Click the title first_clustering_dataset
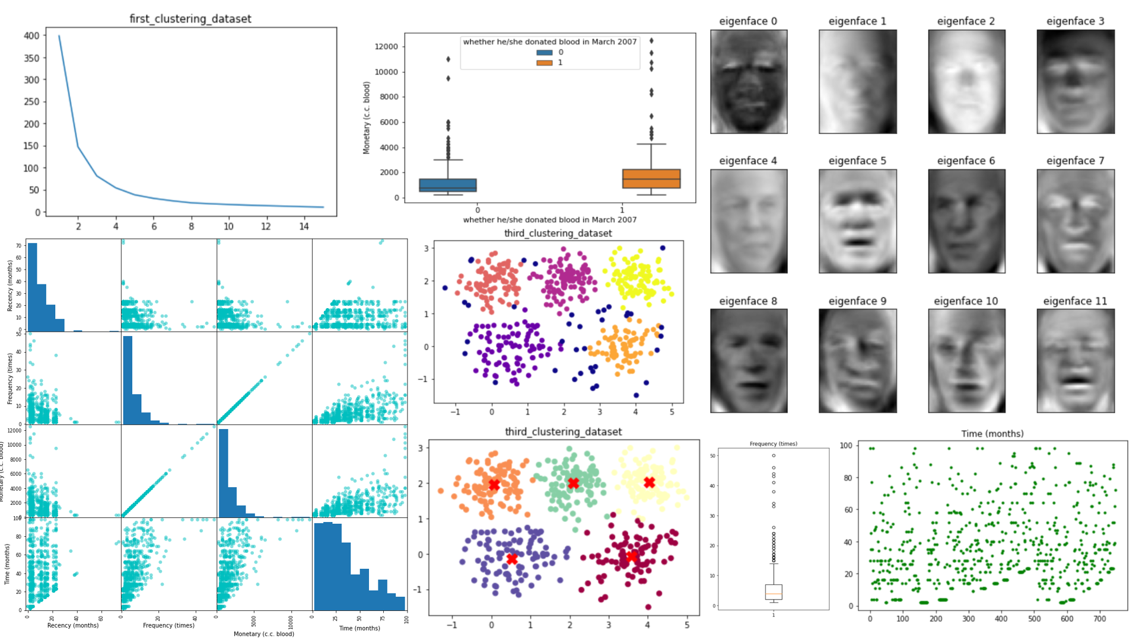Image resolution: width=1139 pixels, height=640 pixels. coord(190,19)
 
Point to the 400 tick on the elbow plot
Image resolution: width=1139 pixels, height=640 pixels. coord(31,36)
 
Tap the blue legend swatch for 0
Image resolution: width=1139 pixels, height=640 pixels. coord(544,52)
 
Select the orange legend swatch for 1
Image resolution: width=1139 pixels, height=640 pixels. coord(544,62)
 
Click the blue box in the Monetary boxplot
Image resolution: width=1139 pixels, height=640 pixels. coord(448,185)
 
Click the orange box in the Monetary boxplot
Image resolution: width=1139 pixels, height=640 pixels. coord(651,178)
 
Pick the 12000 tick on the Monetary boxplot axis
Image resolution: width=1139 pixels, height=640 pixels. coord(387,47)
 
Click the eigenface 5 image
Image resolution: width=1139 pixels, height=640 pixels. coord(857,221)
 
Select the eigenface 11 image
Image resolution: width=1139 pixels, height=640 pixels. coord(1076,360)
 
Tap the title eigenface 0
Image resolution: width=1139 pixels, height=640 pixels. coord(747,21)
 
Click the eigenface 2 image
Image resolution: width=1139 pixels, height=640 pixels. coord(966,82)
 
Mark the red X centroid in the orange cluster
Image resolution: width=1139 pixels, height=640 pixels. coord(494,485)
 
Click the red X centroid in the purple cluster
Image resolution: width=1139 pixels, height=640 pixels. coord(512,558)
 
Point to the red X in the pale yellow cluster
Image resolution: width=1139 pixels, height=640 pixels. coord(649,483)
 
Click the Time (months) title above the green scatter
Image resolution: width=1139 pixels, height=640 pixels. coord(992,434)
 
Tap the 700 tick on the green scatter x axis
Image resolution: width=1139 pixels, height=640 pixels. coord(1100,619)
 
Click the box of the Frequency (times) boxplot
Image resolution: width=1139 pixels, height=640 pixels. coord(774,592)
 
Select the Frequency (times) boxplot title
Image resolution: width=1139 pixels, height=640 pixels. coord(773,444)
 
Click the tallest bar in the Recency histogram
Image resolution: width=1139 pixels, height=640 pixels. coord(33,287)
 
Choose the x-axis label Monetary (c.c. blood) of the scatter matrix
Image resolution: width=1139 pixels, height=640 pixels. coord(263,634)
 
